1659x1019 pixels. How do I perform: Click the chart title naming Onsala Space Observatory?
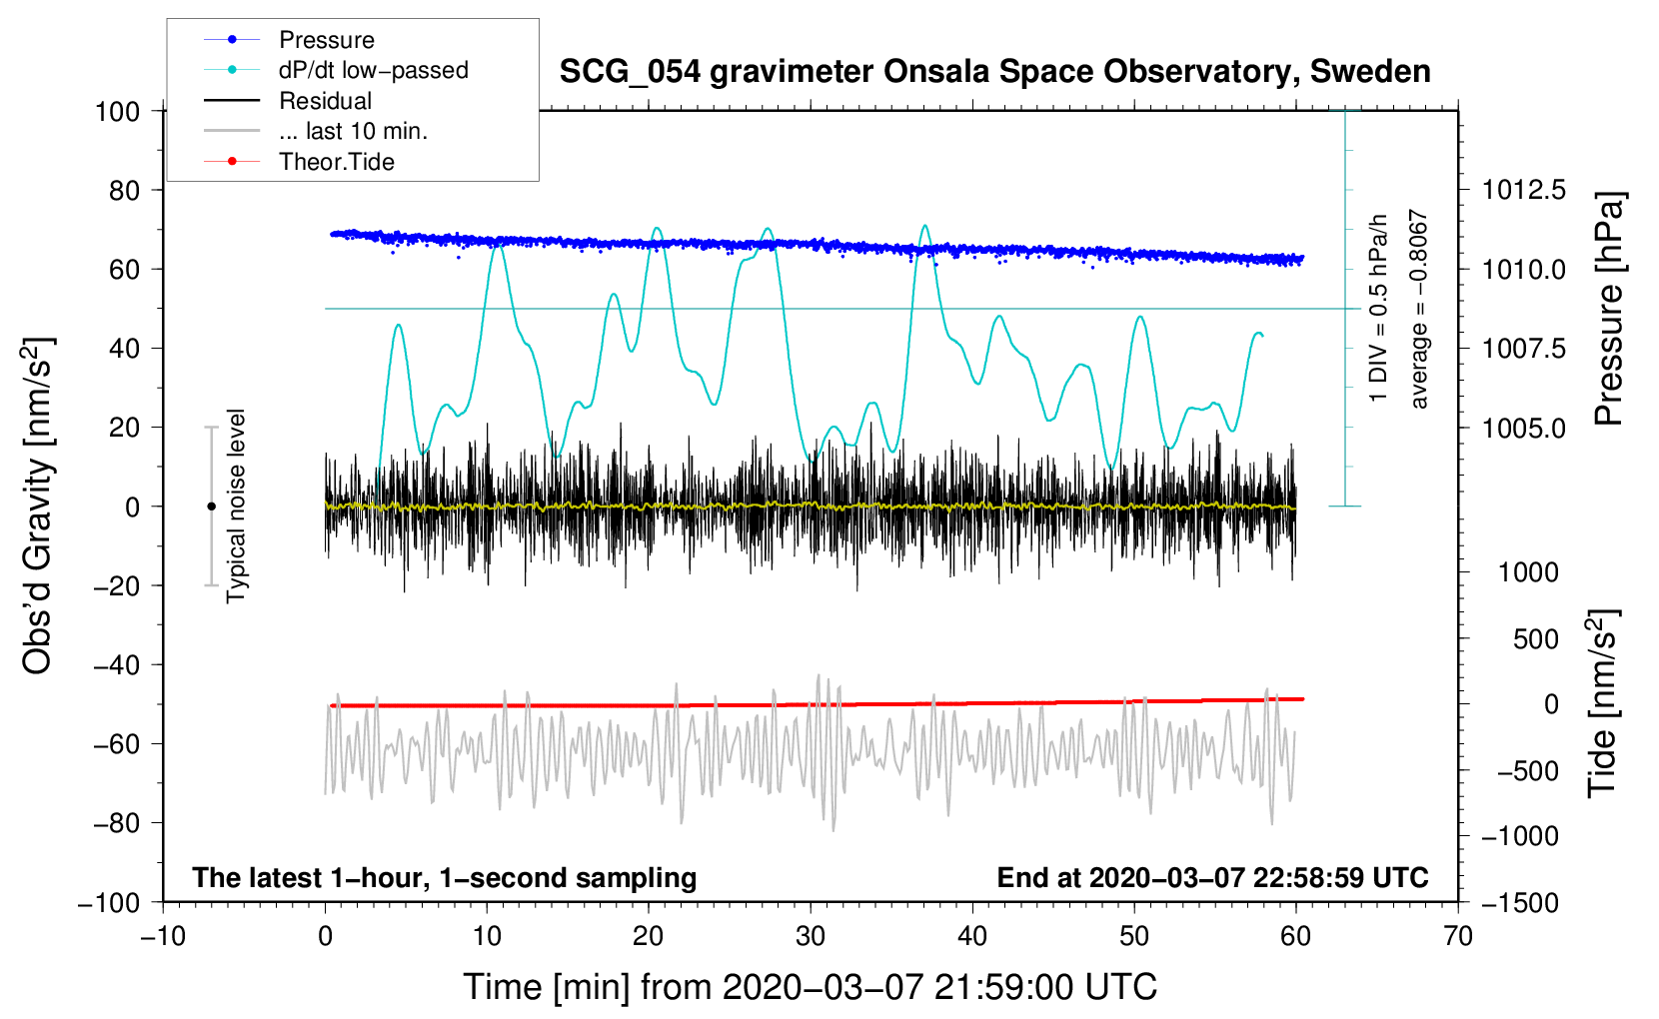coord(994,72)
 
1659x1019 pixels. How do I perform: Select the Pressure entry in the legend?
coord(326,40)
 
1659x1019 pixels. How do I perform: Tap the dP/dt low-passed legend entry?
coord(373,70)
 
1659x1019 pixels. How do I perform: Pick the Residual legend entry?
coord(325,101)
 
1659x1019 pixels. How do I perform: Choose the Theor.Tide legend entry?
coord(336,162)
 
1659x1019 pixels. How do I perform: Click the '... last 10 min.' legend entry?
coord(353,131)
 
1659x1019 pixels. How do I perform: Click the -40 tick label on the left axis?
coord(116,664)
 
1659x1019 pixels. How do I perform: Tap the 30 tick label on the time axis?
coord(811,936)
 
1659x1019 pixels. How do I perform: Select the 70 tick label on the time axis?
coord(1458,936)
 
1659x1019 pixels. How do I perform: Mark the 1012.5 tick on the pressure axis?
coord(1523,190)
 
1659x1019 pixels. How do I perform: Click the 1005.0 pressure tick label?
coord(1523,428)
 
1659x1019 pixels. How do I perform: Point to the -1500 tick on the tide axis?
coord(1519,902)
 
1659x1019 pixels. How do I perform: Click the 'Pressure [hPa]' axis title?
coord(1608,309)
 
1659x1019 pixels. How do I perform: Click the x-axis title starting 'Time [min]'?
coord(811,987)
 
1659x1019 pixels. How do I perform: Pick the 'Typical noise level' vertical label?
coord(236,506)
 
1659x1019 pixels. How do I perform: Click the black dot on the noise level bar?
coord(211,507)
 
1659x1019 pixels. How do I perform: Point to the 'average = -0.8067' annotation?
coord(1419,309)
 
